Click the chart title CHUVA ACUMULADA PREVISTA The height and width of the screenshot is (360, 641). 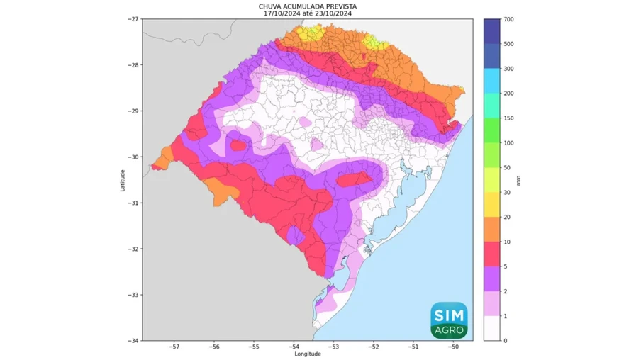tap(307, 6)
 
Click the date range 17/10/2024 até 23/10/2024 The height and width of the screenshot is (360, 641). tap(307, 13)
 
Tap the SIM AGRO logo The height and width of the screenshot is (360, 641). tap(449, 320)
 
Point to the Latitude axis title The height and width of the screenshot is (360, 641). tap(123, 179)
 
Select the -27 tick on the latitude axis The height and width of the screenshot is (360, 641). tap(134, 19)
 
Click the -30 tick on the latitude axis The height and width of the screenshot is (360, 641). tap(134, 157)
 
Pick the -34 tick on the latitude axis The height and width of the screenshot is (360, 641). tap(134, 340)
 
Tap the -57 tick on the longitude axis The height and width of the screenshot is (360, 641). tap(174, 347)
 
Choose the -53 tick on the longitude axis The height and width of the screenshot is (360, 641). tap(333, 347)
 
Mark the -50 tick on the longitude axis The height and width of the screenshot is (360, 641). tap(453, 347)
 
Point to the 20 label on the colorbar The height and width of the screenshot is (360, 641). tap(508, 217)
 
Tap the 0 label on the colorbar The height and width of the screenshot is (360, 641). tap(506, 341)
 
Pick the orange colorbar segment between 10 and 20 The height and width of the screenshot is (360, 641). tap(492, 230)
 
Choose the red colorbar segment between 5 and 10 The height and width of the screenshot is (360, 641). tap(492, 254)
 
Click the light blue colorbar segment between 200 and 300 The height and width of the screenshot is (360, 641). tap(492, 81)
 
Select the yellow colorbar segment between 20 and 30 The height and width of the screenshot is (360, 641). tap(492, 205)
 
